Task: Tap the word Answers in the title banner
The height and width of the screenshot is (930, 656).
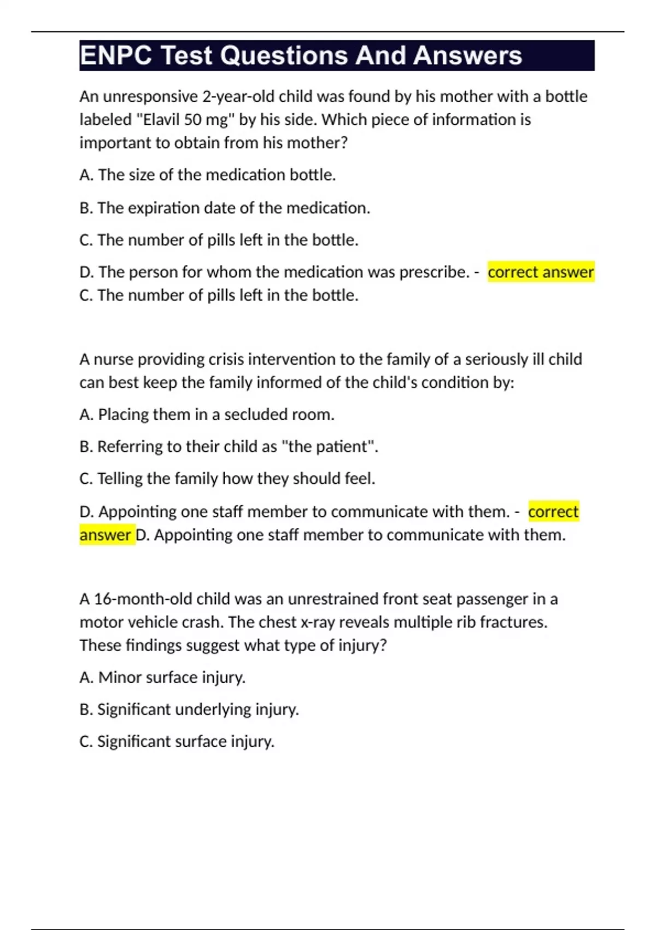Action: click(467, 56)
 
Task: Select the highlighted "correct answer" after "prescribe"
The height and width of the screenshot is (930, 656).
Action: click(540, 272)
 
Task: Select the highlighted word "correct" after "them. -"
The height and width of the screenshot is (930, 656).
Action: click(553, 512)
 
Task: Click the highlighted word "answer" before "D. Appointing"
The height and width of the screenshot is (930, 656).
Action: click(106, 534)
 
